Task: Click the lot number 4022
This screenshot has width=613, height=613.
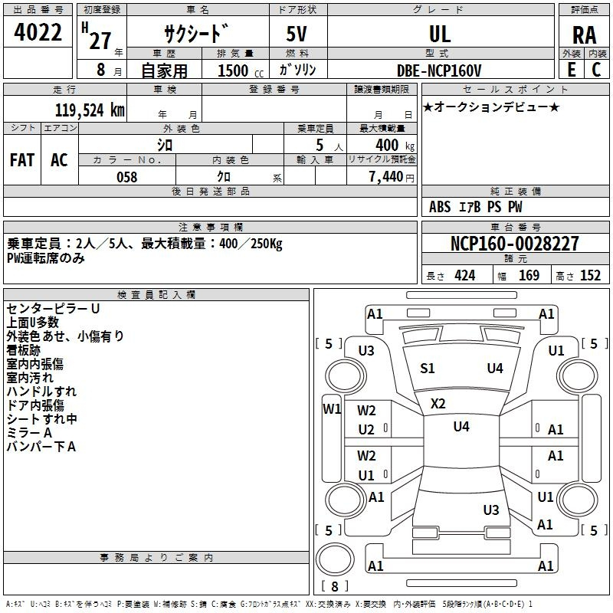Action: click(38, 32)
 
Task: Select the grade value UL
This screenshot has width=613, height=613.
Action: click(440, 34)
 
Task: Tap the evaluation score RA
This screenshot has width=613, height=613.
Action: click(584, 35)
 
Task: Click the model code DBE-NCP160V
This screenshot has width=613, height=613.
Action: click(439, 70)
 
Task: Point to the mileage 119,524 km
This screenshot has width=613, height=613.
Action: click(90, 110)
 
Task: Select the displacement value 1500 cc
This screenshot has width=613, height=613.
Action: click(241, 70)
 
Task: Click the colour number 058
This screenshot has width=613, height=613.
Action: click(127, 177)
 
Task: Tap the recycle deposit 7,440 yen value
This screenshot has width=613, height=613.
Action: click(392, 177)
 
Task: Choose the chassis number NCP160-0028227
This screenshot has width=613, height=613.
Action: click(514, 244)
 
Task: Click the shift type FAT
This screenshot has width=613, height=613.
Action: click(22, 160)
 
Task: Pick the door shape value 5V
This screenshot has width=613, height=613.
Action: click(297, 34)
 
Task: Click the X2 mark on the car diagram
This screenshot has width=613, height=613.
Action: click(438, 404)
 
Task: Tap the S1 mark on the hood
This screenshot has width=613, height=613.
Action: click(428, 369)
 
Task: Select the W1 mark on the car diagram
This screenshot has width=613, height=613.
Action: click(332, 409)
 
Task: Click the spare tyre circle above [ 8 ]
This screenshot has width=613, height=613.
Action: click(335, 559)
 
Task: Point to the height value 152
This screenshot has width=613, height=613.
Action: click(590, 276)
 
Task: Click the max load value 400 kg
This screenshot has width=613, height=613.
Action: click(395, 145)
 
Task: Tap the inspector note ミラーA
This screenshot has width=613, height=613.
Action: click(29, 433)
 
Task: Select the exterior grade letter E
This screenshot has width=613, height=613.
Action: click(572, 70)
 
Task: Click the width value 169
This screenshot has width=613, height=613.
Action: click(529, 276)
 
